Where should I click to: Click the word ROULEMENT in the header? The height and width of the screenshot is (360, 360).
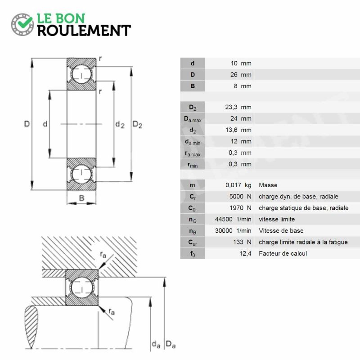[84, 31]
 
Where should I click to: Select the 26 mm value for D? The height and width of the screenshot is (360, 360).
[241, 75]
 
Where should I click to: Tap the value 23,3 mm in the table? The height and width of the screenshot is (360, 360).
[238, 107]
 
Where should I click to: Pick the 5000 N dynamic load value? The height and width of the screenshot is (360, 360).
[240, 197]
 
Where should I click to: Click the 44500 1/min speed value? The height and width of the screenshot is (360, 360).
[233, 219]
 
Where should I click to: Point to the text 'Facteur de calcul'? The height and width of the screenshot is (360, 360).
[283, 253]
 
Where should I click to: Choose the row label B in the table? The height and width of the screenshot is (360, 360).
[193, 86]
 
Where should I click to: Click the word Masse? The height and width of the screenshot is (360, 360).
[268, 185]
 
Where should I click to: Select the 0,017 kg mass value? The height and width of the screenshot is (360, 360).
[238, 185]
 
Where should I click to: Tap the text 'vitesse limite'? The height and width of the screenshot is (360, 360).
[277, 219]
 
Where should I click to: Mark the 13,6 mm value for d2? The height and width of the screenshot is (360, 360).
[238, 130]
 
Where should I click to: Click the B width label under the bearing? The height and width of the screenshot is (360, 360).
[81, 198]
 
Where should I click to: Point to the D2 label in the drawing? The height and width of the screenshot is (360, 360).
[137, 125]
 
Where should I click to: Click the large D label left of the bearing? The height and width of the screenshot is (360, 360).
[27, 124]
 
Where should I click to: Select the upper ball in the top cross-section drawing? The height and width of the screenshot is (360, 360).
[81, 74]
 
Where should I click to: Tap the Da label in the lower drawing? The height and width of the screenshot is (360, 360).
[171, 344]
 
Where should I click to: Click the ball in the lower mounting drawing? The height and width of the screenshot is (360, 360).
[81, 287]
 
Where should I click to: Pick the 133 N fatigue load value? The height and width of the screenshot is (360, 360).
[242, 242]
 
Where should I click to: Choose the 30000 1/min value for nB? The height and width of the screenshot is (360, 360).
[233, 231]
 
